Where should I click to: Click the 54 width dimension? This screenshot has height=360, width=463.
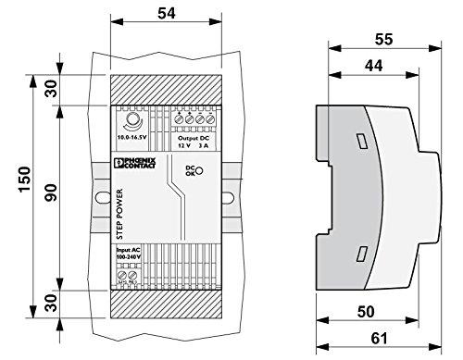point(168,16)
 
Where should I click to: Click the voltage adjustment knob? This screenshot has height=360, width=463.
point(131,120)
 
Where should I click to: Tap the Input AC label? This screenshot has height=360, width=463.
point(130,249)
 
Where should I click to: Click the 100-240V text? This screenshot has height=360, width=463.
point(130,257)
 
